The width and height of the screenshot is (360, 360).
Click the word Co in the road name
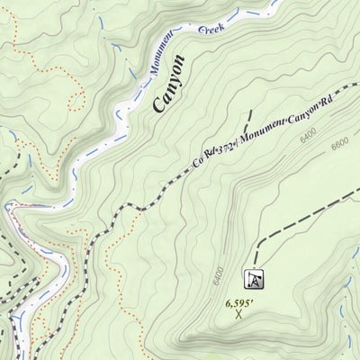196,162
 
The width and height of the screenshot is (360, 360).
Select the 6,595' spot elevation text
238,302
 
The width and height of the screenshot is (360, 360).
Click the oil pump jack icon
255,280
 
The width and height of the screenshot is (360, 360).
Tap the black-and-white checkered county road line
135,208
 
